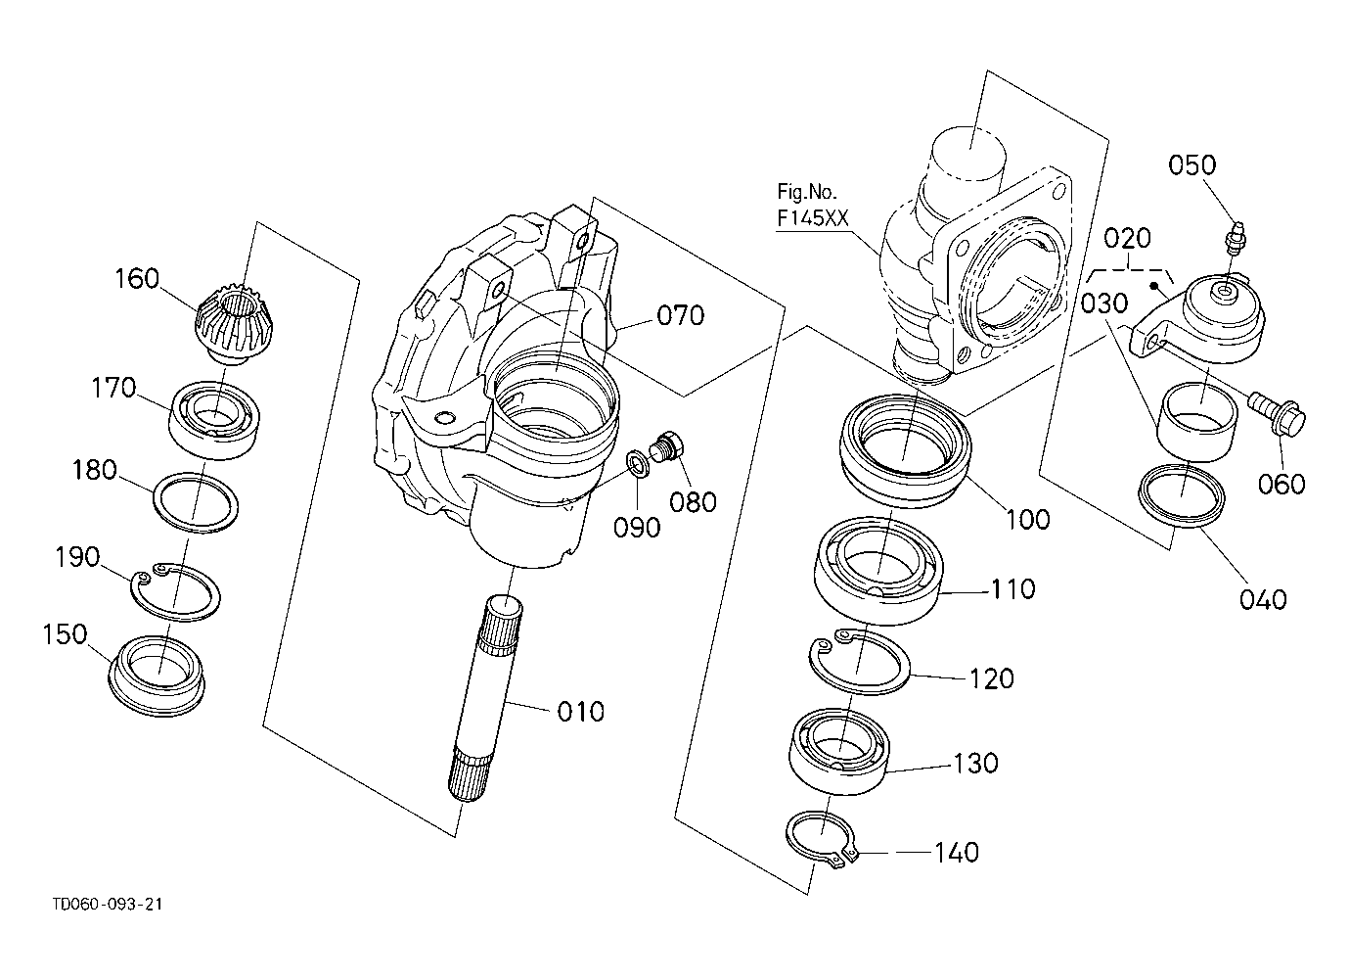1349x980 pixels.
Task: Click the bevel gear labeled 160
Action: click(226, 322)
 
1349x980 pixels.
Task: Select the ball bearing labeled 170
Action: click(214, 419)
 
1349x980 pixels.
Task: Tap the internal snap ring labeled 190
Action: click(176, 592)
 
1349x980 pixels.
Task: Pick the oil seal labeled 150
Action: click(157, 677)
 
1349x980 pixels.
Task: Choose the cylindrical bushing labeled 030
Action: click(1196, 421)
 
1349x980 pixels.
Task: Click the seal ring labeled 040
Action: click(1182, 495)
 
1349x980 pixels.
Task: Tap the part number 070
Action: click(681, 316)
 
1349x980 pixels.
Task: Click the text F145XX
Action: click(812, 218)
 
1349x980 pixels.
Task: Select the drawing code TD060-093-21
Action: click(108, 905)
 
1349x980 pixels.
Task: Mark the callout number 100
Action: click(1028, 520)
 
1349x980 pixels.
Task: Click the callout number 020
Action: click(1127, 239)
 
